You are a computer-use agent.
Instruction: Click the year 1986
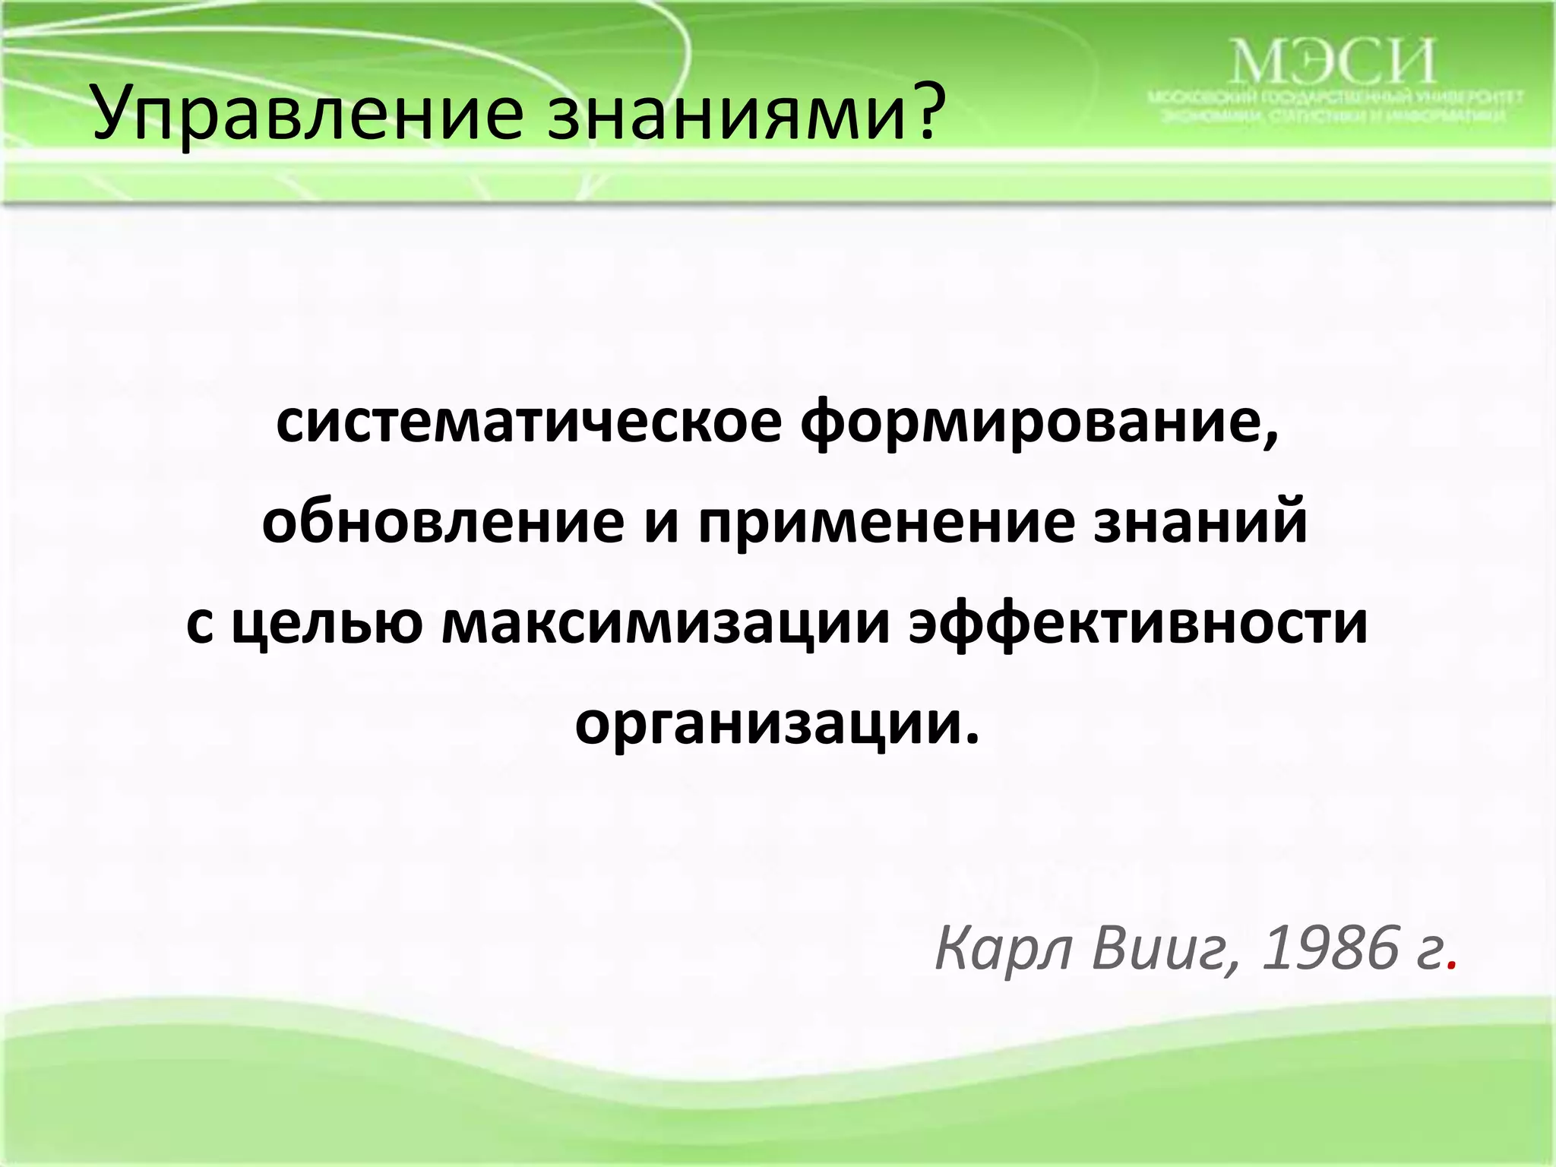point(1330,948)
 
